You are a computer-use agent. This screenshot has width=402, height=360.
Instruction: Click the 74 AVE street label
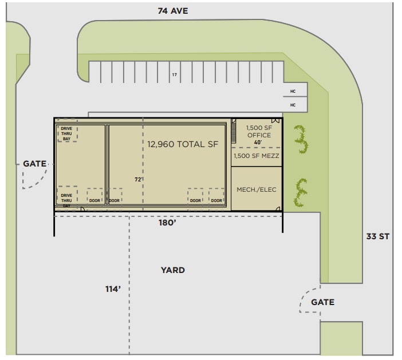(x=172, y=10)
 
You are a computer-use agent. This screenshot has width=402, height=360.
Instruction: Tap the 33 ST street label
(x=379, y=236)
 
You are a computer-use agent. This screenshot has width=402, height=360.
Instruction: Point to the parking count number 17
(x=174, y=75)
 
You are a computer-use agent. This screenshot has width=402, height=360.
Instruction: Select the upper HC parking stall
(x=293, y=91)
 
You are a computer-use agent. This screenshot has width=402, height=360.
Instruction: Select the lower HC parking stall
(x=293, y=105)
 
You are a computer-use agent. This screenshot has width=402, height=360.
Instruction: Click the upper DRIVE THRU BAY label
(x=67, y=133)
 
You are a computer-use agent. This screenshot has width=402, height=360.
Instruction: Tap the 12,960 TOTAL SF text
(x=183, y=144)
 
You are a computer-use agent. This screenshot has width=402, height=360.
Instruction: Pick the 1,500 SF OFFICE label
(x=259, y=131)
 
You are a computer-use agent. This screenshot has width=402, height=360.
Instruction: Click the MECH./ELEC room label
(x=257, y=189)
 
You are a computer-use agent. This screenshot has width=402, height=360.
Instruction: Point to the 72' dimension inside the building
(x=138, y=179)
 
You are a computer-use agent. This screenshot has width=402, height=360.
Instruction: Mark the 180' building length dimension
(x=167, y=223)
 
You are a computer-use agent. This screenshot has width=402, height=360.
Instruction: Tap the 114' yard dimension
(x=113, y=289)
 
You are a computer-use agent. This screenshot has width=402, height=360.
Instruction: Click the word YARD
(x=172, y=270)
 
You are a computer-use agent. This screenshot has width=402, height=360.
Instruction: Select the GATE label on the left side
(x=34, y=164)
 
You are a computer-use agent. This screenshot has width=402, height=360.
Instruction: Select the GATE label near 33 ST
(x=322, y=302)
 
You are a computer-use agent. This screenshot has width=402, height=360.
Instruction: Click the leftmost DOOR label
(x=94, y=200)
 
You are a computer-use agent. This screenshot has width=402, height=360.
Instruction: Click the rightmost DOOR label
(x=216, y=200)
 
